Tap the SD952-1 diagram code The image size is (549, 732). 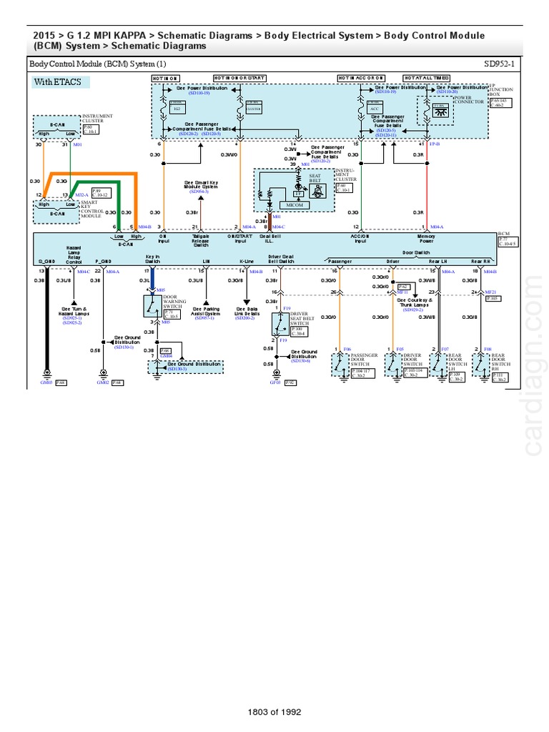[503, 64]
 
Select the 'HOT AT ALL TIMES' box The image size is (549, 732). [427, 77]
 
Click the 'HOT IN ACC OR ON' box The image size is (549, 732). [362, 77]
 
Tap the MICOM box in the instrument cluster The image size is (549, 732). [295, 206]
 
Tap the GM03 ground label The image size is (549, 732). [46, 383]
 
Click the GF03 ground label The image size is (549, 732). [275, 383]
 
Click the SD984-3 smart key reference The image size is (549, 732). [199, 192]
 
